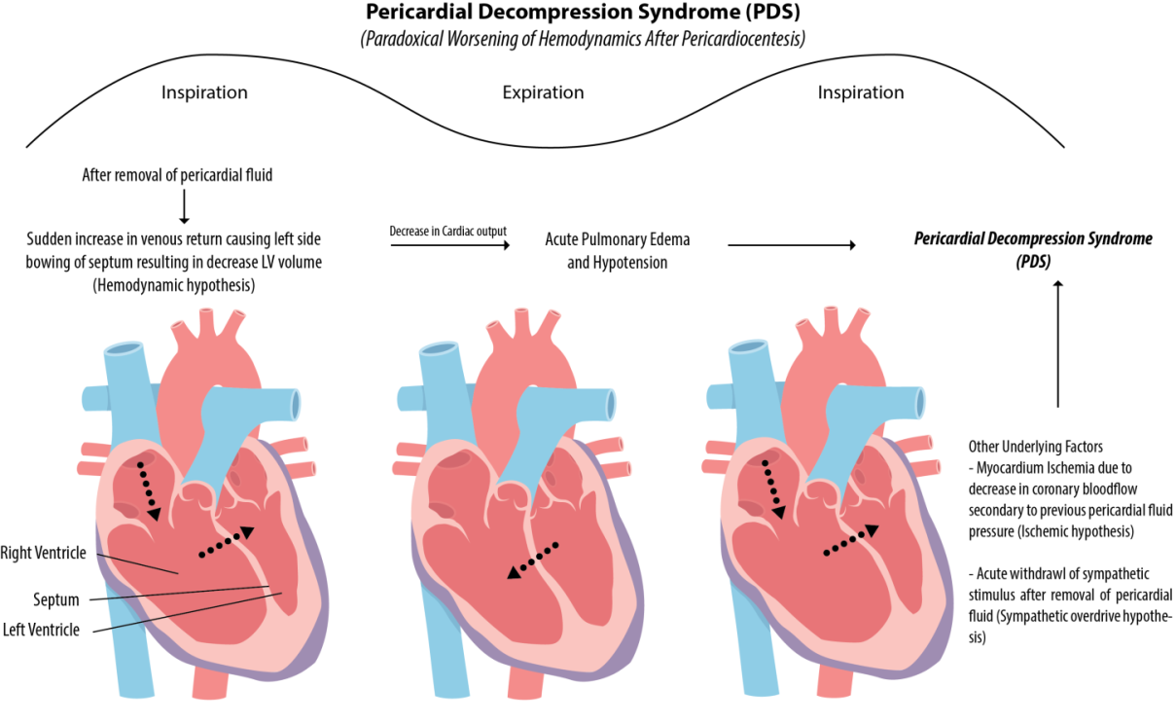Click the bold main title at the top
click(587, 14)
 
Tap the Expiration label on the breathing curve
click(543, 93)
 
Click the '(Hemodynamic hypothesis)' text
click(174, 285)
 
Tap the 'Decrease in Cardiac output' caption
click(448, 231)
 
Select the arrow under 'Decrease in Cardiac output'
click(450, 246)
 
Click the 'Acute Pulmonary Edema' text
click(618, 238)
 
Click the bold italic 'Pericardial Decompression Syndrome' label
click(1033, 239)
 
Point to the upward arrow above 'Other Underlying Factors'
click(1058, 341)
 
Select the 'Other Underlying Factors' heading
click(1035, 447)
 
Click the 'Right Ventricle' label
click(44, 553)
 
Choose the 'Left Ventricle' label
click(41, 630)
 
